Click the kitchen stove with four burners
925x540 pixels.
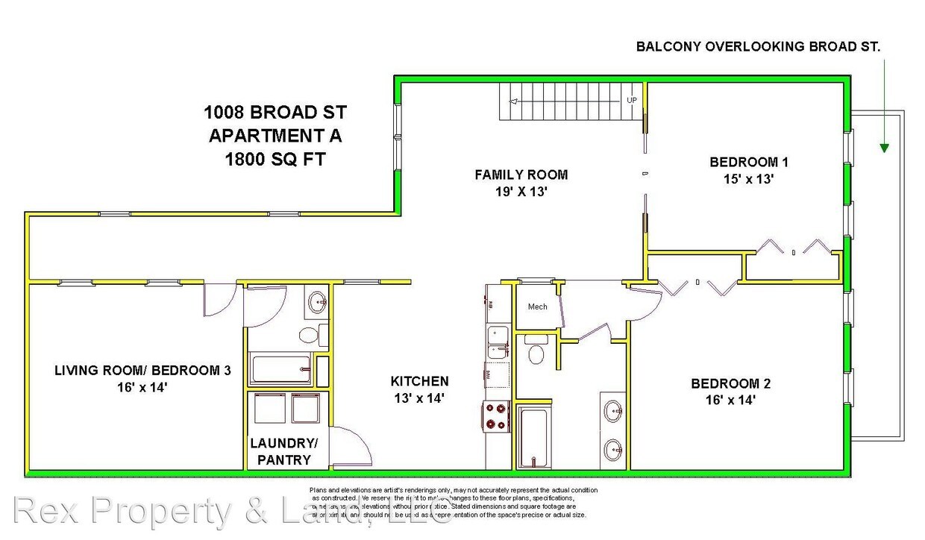497,417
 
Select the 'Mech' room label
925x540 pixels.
537,307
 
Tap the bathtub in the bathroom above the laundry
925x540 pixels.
280,368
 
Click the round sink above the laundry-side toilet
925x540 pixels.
318,303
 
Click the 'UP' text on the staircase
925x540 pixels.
632,100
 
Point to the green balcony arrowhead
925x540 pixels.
884,148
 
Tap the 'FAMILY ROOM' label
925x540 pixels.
521,175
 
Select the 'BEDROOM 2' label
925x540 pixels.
730,384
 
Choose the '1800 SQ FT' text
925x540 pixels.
275,159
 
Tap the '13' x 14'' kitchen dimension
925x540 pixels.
419,398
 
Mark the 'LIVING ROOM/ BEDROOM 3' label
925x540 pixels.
142,371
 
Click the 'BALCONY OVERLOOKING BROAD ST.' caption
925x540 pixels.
758,46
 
